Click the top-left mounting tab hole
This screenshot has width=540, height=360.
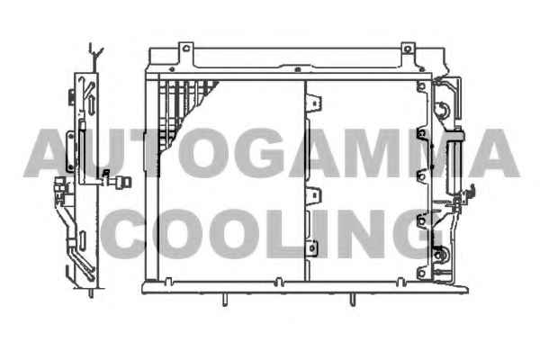tap(186, 49)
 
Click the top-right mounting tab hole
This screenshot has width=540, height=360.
tap(408, 49)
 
